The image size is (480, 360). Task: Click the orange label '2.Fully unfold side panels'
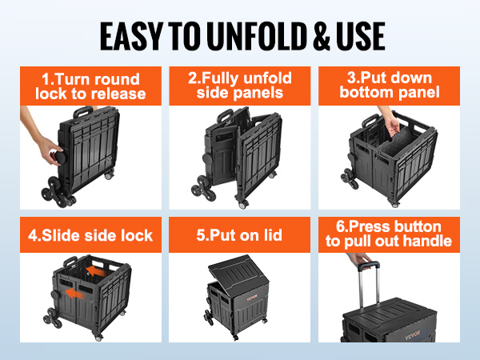click(240, 86)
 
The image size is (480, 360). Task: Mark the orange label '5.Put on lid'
click(240, 236)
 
